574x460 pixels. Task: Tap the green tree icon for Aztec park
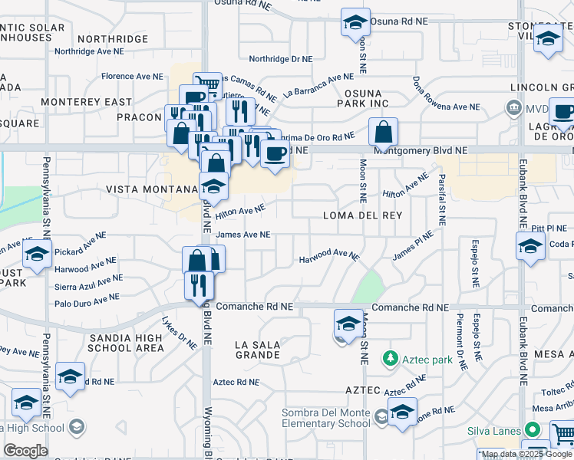[391, 358]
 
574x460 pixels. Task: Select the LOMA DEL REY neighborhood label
[358, 215]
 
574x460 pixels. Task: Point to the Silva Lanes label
[495, 432]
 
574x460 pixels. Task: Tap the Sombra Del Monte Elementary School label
[326, 418]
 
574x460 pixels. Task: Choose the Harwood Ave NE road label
[329, 255]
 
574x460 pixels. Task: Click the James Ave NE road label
[243, 235]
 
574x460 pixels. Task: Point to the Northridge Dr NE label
[282, 59]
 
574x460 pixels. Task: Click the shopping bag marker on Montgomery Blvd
[382, 131]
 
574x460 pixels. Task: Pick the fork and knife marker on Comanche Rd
[199, 285]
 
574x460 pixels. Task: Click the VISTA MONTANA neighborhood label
[151, 189]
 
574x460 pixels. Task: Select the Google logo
[25, 451]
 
